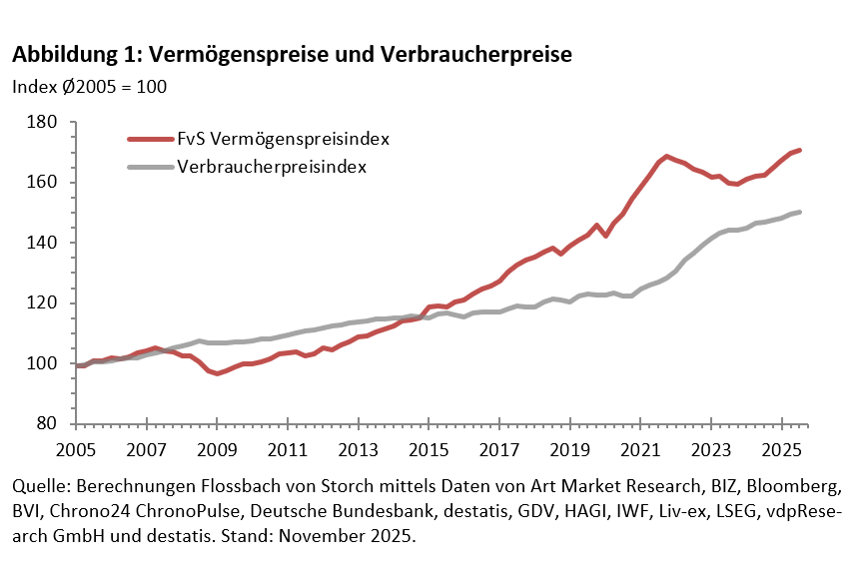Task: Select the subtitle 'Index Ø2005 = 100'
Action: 89,86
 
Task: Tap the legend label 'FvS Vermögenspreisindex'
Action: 283,138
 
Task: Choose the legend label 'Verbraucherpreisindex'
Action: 273,167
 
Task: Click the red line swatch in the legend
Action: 150,139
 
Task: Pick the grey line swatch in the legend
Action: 150,167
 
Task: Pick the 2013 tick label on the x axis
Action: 357,448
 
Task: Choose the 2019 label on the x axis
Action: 567,448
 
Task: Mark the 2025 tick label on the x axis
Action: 778,448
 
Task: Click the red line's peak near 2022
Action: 666,157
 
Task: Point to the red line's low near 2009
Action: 218,373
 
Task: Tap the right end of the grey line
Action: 800,212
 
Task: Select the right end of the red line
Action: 800,150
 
